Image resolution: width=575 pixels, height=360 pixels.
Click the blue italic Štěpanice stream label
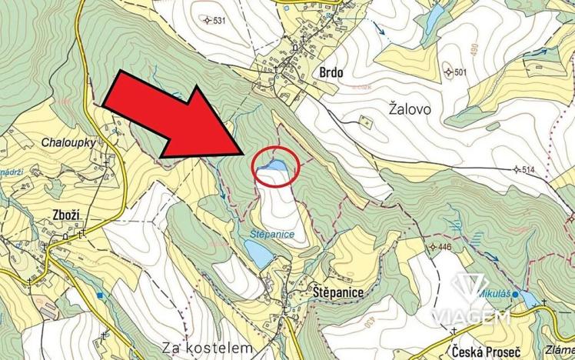[x=271, y=233]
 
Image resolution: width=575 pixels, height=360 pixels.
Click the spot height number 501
[x=461, y=72]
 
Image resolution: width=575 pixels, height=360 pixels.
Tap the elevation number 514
[x=527, y=169]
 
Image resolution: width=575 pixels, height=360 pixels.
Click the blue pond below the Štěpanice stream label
[x=258, y=252]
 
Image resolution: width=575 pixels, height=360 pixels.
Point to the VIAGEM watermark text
[x=470, y=317]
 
